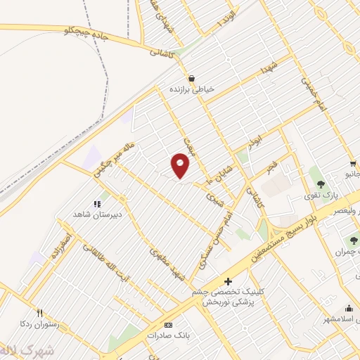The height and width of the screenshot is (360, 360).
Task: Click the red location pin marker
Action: pos(181,165)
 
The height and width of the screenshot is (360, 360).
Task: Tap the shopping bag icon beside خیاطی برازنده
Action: pos(191,78)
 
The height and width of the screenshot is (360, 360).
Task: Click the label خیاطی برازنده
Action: pos(191,89)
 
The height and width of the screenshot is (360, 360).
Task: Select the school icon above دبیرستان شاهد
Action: pos(97,203)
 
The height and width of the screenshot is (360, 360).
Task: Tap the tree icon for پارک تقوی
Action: pos(321,184)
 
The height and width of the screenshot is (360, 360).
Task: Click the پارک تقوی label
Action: pos(325,195)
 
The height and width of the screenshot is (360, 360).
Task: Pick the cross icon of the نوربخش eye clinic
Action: pos(227,281)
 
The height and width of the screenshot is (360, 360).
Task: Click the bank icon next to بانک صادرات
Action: pos(167,325)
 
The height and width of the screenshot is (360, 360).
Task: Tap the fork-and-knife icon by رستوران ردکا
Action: pos(40,314)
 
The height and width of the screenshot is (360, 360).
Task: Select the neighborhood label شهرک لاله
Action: pos(21,351)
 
